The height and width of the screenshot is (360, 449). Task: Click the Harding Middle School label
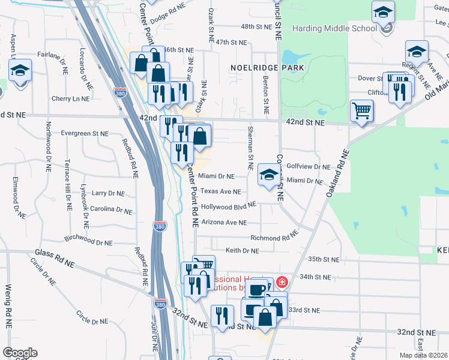coord(334,28)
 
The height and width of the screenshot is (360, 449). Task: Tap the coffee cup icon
coord(257,290)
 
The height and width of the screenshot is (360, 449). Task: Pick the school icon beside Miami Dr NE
coord(269,174)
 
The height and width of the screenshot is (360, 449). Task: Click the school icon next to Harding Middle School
coord(383,12)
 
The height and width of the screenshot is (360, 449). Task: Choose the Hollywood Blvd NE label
coord(229,206)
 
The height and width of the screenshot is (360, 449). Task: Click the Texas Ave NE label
coord(220,191)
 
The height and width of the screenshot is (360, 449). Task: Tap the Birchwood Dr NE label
coord(91,240)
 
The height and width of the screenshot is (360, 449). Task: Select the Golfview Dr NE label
coord(309,167)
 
